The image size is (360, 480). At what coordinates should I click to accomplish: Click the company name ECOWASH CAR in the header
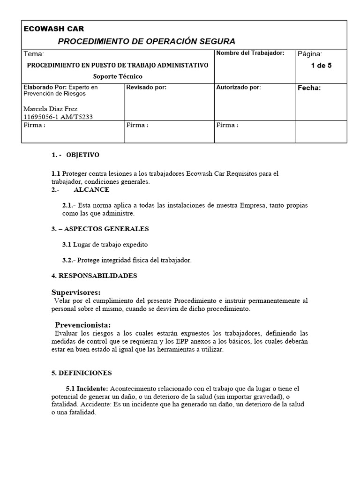click(x=54, y=29)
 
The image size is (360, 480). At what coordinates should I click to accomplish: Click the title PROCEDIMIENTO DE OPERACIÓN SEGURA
click(x=146, y=41)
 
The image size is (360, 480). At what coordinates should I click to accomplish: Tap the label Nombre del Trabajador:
click(x=250, y=53)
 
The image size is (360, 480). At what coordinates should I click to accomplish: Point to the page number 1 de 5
click(x=321, y=66)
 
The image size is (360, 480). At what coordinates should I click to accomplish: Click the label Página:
click(x=310, y=54)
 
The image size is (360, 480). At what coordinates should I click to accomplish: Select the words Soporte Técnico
click(x=118, y=76)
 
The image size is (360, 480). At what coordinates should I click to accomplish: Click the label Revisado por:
click(x=146, y=87)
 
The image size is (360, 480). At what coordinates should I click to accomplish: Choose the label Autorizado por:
click(x=239, y=87)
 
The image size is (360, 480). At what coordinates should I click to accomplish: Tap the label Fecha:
click(x=309, y=88)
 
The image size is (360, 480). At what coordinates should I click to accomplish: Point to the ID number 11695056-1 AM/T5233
click(x=58, y=117)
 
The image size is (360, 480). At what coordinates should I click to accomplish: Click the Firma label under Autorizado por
click(x=227, y=125)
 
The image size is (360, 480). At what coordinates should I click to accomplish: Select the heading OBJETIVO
click(x=82, y=155)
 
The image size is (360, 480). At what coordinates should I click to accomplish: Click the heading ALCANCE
click(x=91, y=189)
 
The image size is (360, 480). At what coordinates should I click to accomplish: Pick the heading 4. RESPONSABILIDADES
click(x=94, y=276)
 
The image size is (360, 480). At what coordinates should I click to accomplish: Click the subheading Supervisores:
click(x=76, y=292)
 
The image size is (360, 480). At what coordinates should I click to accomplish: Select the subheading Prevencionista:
click(x=83, y=325)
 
